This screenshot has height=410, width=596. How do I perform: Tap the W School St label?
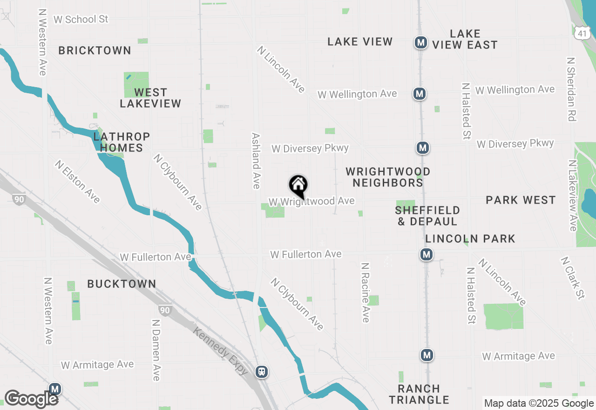pyautogui.click(x=81, y=20)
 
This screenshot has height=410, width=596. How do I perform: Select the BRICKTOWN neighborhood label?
pyautogui.click(x=95, y=50)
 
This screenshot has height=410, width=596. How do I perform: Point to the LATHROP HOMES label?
pyautogui.click(x=122, y=142)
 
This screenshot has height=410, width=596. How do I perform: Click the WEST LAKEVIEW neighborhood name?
pyautogui.click(x=150, y=98)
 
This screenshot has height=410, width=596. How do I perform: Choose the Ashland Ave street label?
pyautogui.click(x=256, y=161)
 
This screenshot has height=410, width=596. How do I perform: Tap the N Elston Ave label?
pyautogui.click(x=77, y=181)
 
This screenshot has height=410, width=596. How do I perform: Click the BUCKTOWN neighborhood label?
pyautogui.click(x=122, y=284)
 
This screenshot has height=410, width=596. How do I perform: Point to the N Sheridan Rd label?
pyautogui.click(x=571, y=89)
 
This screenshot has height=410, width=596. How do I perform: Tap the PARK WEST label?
pyautogui.click(x=521, y=200)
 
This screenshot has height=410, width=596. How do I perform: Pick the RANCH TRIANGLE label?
pyautogui.click(x=419, y=394)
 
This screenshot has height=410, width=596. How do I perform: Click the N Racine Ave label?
pyautogui.click(x=366, y=292)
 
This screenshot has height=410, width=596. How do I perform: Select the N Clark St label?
pyautogui.click(x=572, y=278)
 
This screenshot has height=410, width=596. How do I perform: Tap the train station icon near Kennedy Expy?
pyautogui.click(x=262, y=371)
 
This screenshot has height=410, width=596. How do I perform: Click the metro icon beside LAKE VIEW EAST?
pyautogui.click(x=421, y=43)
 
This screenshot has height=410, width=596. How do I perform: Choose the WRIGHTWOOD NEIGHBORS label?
pyautogui.click(x=388, y=177)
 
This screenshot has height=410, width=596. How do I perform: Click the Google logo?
pyautogui.click(x=31, y=399)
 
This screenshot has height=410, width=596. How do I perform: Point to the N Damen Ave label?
pyautogui.click(x=156, y=349)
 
